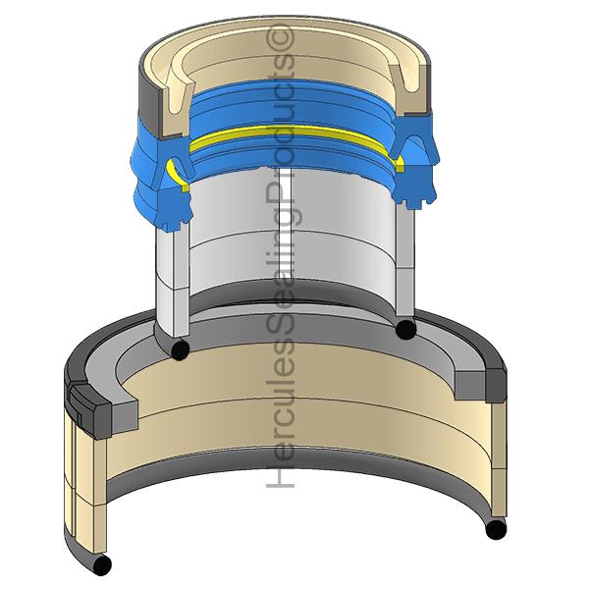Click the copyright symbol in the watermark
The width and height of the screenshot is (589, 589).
click(280, 36)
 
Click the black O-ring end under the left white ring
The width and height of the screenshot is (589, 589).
click(180, 349)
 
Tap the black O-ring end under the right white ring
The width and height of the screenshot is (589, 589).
click(405, 329)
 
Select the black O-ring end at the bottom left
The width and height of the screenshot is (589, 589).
click(101, 564)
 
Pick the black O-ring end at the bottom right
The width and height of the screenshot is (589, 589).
click(496, 529)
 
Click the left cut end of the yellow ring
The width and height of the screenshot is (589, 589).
click(178, 175)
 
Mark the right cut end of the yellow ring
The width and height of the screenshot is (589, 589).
click(400, 164)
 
